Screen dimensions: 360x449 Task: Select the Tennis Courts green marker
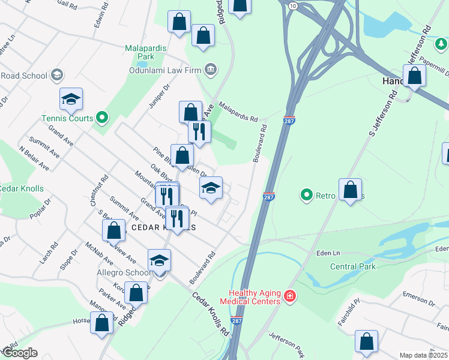pos(102,118)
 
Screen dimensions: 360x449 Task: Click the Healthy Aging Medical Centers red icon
pos(290,296)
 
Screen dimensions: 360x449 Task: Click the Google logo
pos(19,353)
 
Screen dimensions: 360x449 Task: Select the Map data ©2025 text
pos(424,355)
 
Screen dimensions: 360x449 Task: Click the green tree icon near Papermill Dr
pos(441,44)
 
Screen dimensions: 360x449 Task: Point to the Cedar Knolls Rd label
pos(211,313)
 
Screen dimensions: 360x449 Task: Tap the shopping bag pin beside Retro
pos(350,190)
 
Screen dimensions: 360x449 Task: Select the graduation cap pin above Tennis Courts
pos(71,100)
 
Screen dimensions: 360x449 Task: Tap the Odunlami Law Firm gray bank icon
pos(210,70)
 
